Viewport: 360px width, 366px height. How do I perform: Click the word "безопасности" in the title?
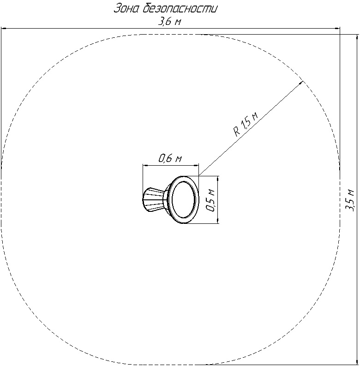click(179, 9)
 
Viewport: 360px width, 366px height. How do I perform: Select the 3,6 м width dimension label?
click(170, 22)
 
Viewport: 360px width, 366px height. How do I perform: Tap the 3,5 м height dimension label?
click(350, 199)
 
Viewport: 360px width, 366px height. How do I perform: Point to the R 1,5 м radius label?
click(246, 124)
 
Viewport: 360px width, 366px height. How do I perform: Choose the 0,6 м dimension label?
click(170, 158)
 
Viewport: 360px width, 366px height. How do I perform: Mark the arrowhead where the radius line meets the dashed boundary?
click(301, 82)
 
